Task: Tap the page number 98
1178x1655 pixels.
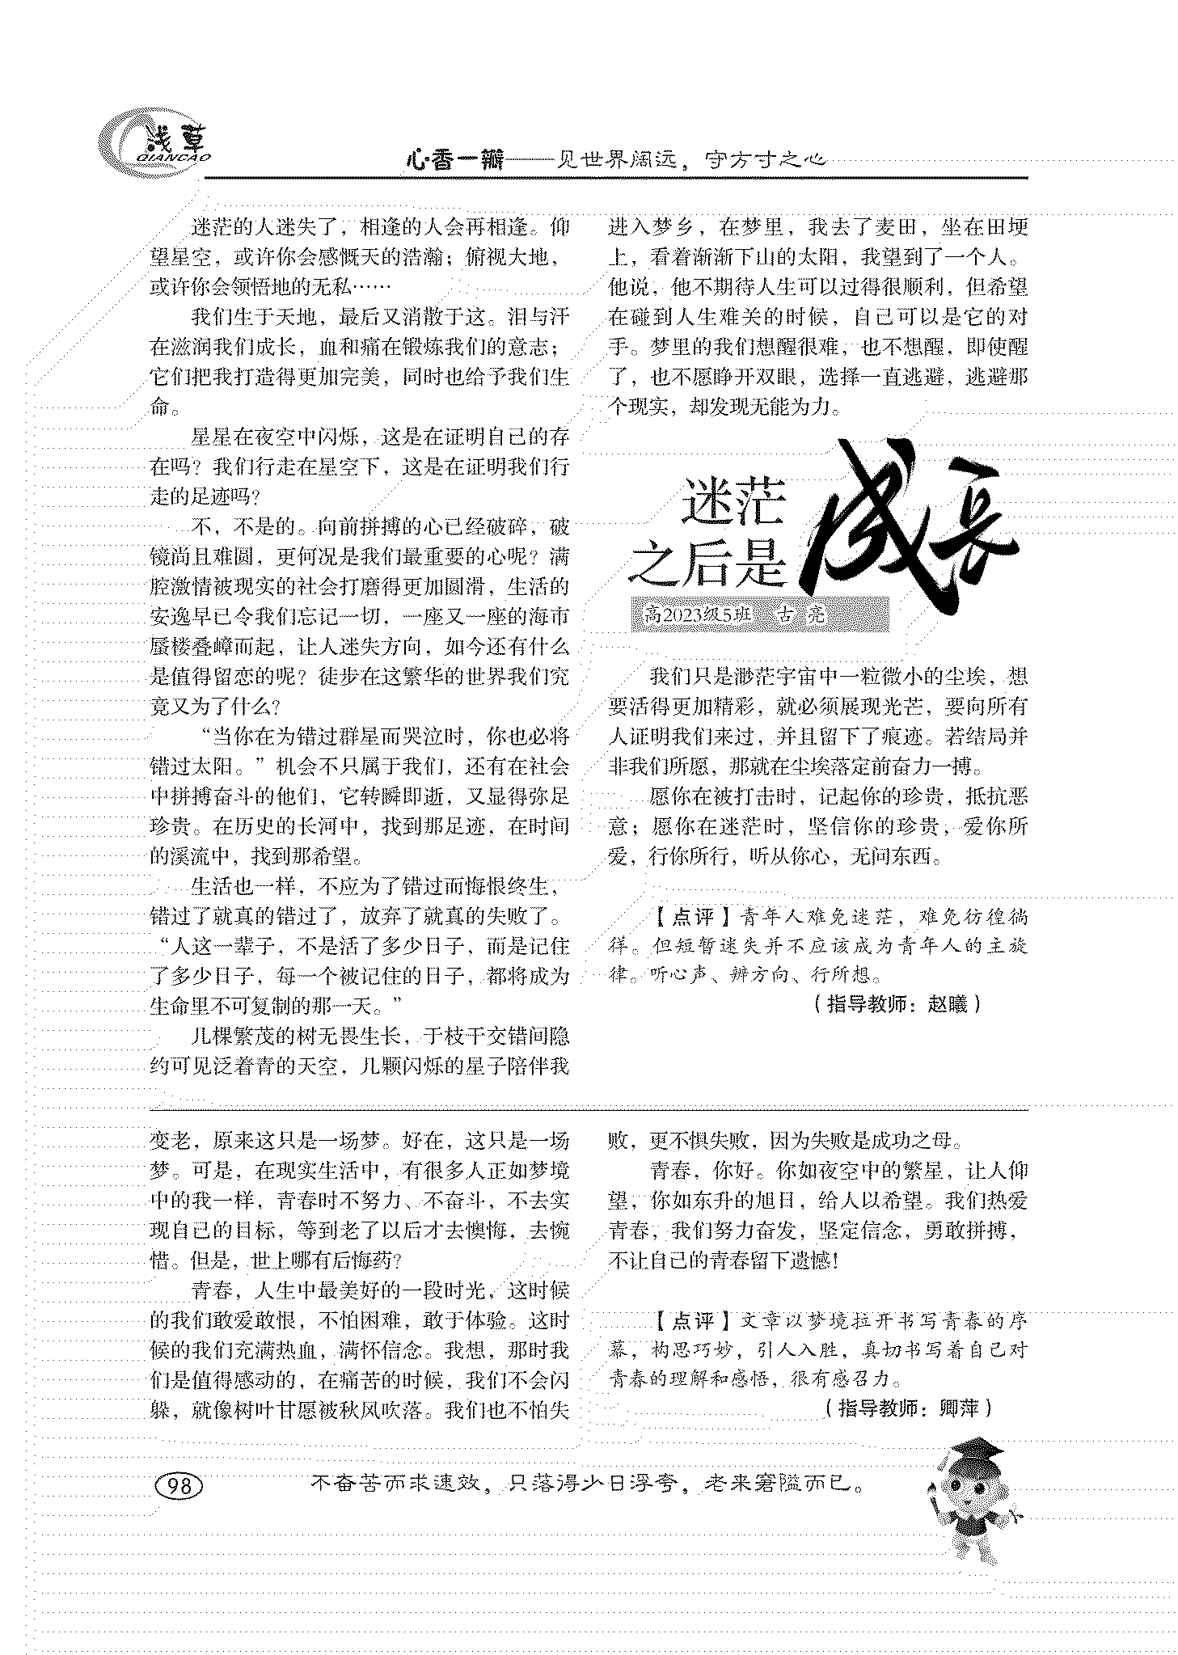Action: (x=179, y=1485)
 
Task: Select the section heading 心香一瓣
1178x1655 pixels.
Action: (x=454, y=160)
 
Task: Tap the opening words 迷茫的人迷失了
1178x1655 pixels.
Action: (x=260, y=227)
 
